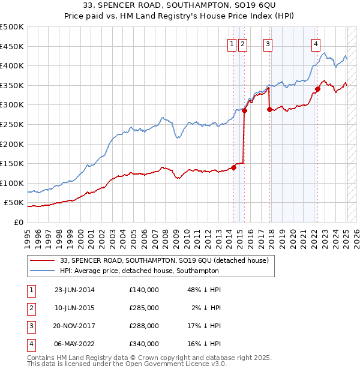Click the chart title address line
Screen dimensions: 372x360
(180, 7)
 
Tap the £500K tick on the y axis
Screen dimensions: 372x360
(12, 27)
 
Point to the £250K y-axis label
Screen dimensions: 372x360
(12, 124)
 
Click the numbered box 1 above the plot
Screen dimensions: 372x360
(232, 43)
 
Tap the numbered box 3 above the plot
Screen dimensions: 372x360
(267, 43)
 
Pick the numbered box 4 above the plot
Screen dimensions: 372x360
(316, 43)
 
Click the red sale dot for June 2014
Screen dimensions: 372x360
(233, 167)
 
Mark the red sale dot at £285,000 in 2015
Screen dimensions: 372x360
(244, 111)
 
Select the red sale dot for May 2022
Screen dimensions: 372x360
(317, 89)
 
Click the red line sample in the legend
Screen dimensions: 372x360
(43, 260)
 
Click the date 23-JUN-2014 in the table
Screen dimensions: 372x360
(74, 290)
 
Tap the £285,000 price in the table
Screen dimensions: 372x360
(144, 308)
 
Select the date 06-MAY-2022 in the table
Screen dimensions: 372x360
(74, 344)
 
